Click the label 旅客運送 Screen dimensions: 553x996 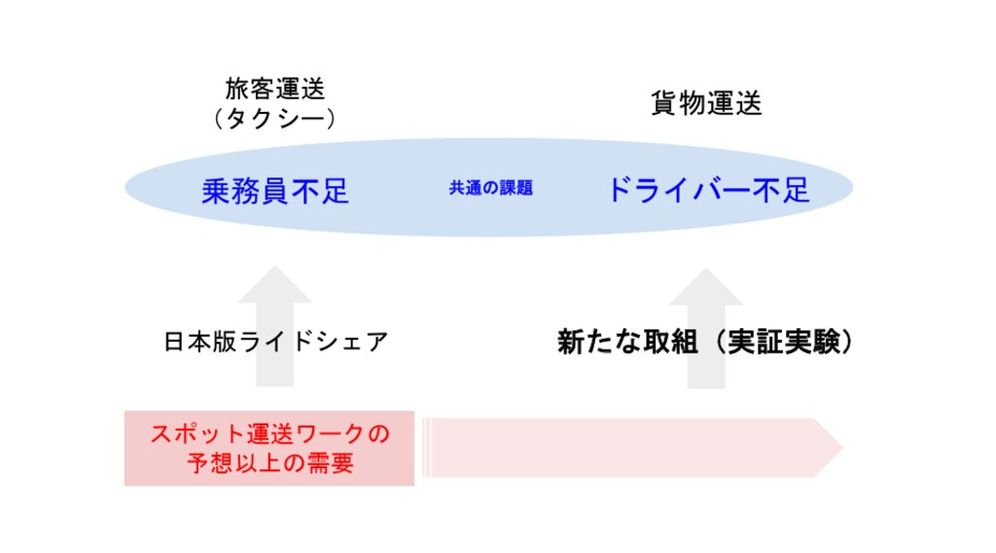(275, 90)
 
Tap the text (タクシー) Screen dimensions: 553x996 (275, 119)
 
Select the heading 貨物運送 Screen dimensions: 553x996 (706, 104)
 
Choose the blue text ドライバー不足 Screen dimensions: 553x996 (707, 190)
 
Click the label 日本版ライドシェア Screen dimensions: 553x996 (276, 343)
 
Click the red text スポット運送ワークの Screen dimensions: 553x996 (269, 434)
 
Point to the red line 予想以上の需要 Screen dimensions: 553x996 (269, 463)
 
